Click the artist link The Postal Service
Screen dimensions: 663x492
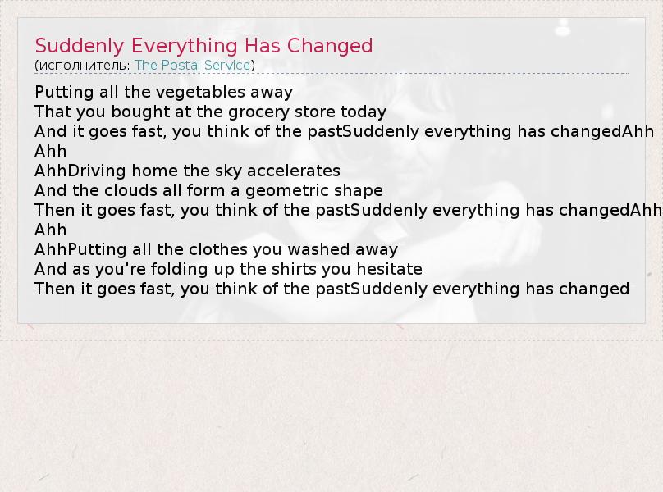[192, 65]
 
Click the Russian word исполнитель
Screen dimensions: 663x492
[82, 66]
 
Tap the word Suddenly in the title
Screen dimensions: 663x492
[80, 46]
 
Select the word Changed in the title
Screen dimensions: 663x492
[330, 46]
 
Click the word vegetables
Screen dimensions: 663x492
[185, 92]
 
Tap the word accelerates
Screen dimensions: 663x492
[294, 171]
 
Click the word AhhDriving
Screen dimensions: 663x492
[80, 171]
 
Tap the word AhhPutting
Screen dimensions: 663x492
[80, 249]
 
